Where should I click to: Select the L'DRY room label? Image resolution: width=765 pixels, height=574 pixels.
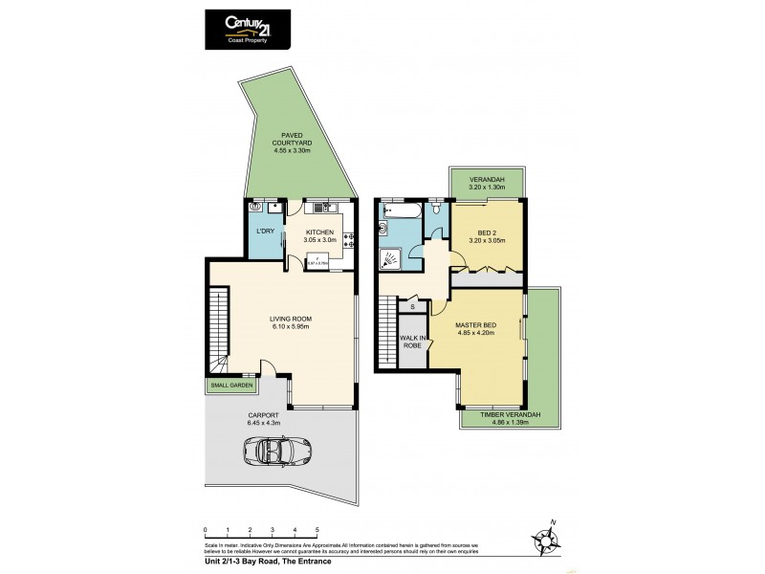(x=263, y=232)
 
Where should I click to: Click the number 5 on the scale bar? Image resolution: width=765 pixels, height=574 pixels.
(x=317, y=528)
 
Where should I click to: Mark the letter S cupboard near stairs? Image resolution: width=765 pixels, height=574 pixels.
(x=412, y=306)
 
